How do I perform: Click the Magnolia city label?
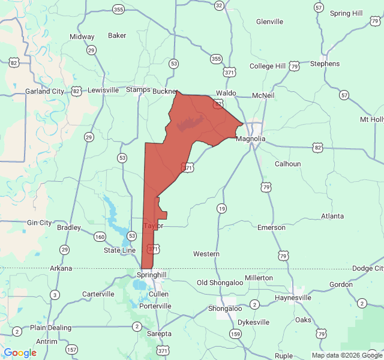[251, 139]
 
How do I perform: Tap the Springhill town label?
[151, 274]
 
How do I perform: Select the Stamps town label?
[138, 90]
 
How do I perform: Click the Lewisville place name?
[103, 90]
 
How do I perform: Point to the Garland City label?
[44, 91]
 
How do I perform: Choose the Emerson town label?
[271, 227]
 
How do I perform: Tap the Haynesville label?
[292, 297]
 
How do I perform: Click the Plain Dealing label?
[50, 328]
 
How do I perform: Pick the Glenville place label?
[269, 22]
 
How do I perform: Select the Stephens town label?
[325, 64]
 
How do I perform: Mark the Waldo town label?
[226, 94]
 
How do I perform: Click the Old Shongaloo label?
[220, 282]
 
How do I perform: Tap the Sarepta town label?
[159, 334]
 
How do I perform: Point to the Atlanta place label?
[332, 216]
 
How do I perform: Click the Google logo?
[20, 353]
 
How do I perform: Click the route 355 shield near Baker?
[119, 9]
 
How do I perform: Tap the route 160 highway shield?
[100, 236]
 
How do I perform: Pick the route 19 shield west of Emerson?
[222, 208]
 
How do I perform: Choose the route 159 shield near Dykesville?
[236, 334]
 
